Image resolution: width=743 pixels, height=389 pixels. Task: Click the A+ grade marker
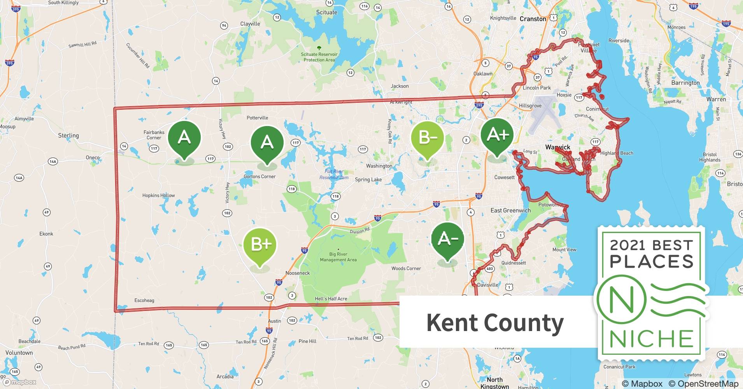(497, 136)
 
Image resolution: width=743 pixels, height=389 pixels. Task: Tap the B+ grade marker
(260, 245)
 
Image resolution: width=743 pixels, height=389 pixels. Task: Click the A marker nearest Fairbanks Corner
(184, 138)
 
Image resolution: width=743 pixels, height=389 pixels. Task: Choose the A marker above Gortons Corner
(267, 143)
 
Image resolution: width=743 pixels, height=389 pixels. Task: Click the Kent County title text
(495, 322)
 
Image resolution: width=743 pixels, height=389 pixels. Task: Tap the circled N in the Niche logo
(621, 300)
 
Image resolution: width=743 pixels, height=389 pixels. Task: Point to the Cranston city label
(533, 19)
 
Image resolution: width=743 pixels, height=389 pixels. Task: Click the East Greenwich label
(510, 210)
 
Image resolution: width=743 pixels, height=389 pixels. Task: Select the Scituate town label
(326, 12)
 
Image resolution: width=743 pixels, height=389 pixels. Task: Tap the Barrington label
(685, 83)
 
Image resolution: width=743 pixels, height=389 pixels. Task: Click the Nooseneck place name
(298, 273)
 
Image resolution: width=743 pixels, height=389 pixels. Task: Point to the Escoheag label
(144, 300)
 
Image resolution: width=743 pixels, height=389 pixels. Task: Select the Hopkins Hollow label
(158, 195)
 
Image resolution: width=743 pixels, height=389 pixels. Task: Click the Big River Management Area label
(338, 257)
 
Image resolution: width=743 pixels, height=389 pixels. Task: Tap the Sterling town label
(68, 136)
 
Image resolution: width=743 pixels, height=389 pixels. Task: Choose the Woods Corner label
(406, 268)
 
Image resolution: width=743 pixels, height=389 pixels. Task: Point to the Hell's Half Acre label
(331, 299)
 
